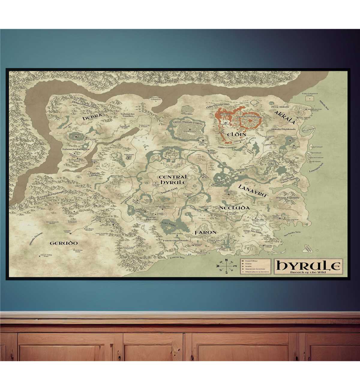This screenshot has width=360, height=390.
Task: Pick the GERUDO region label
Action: point(64,243)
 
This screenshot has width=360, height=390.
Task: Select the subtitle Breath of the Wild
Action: point(309,272)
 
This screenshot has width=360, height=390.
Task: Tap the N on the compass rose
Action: point(226,260)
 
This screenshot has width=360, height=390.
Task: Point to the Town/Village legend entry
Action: point(251,261)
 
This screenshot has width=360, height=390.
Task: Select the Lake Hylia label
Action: point(169,223)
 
